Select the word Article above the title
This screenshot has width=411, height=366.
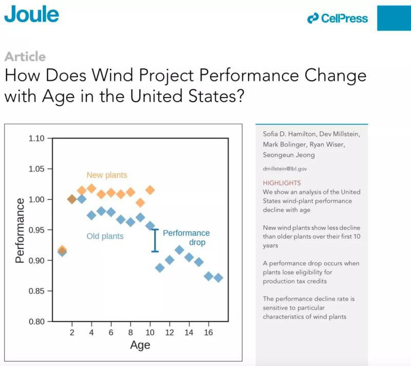(x=25, y=56)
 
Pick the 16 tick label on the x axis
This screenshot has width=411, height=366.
(x=209, y=332)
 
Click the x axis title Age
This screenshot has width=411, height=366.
(x=140, y=345)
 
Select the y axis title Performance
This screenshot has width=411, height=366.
(x=20, y=230)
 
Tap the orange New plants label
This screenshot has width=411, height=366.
(x=106, y=175)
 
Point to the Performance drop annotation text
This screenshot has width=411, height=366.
(x=186, y=238)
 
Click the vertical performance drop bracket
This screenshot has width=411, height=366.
(x=155, y=240)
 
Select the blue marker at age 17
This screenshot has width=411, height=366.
(x=218, y=278)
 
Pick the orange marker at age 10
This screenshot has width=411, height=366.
(x=150, y=190)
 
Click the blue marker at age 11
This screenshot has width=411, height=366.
(x=160, y=267)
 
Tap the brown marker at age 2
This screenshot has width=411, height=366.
(x=72, y=199)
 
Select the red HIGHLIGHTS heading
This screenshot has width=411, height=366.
(x=282, y=183)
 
